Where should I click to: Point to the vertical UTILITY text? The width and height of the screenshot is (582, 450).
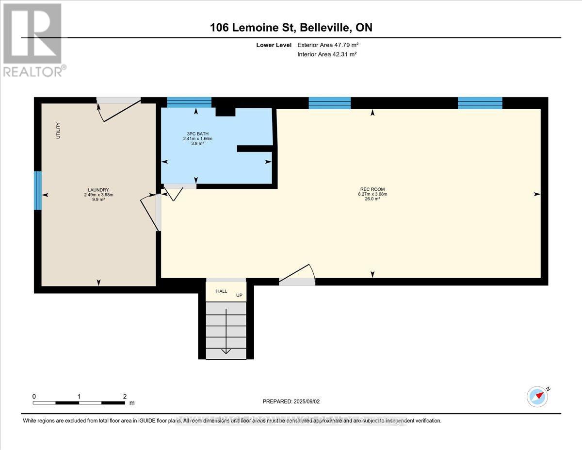click(58, 131)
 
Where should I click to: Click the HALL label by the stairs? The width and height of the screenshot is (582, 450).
click(222, 291)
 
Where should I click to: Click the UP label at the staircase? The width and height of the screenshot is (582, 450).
click(239, 295)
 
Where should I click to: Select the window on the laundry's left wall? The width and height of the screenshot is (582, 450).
click(37, 190)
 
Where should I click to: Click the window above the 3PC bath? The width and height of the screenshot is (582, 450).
click(189, 102)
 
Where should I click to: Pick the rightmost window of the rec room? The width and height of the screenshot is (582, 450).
click(480, 102)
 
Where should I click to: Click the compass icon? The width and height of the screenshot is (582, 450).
click(537, 396)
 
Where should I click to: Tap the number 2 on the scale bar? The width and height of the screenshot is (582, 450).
click(125, 396)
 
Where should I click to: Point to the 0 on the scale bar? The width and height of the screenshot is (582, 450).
click(34, 396)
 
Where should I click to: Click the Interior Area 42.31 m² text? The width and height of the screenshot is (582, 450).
click(327, 54)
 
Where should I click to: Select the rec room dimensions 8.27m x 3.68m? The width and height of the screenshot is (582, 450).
click(372, 194)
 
